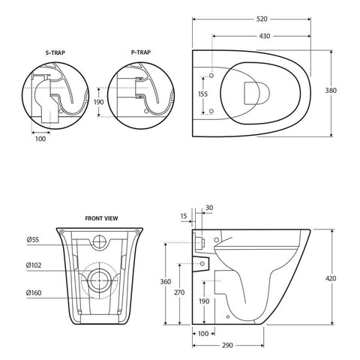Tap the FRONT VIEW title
tap(101, 217)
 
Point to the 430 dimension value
tap(265, 35)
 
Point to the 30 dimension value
tap(208, 207)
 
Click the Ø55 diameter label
tap(34, 240)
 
